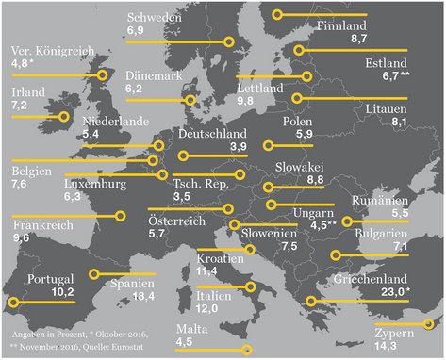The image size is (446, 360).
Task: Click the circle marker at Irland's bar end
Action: (65, 118)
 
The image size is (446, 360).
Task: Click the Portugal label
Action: (51, 279)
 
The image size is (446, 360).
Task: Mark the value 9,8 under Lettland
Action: (248, 100)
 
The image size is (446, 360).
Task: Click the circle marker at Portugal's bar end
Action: (12, 303)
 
